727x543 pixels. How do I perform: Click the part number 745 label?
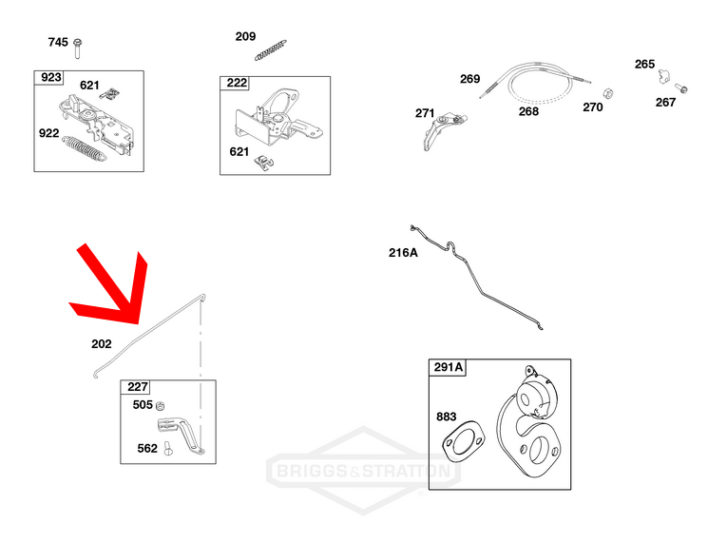(58, 42)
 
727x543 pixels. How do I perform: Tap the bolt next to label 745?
(77, 48)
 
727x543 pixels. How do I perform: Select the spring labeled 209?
(270, 50)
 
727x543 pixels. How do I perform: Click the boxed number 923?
(51, 77)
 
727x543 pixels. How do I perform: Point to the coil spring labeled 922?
(85, 149)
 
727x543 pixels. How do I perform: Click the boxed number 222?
(237, 83)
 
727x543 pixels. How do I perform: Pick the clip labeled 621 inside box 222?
(264, 163)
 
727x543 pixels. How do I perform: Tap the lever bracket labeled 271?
(444, 131)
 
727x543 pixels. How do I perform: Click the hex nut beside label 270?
(608, 93)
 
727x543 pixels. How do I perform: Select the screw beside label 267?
(680, 87)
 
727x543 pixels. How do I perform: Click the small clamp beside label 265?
(664, 76)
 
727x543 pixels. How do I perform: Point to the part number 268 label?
(528, 111)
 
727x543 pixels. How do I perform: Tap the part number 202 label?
(102, 344)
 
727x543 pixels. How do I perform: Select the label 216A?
(403, 252)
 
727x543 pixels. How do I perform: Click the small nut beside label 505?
(161, 405)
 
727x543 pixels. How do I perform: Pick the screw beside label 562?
(168, 448)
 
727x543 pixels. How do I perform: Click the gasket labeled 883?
(464, 441)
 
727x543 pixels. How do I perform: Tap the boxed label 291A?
(448, 367)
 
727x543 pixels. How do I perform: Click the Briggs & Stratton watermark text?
(363, 471)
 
